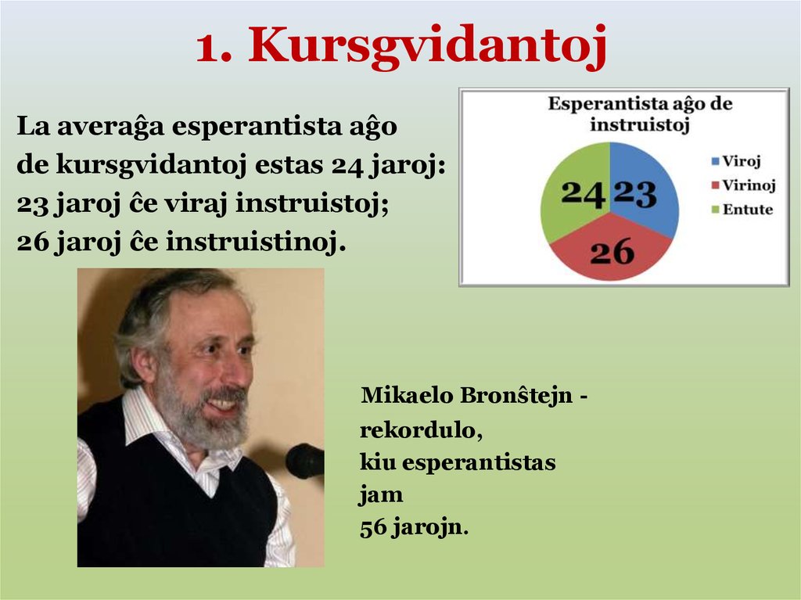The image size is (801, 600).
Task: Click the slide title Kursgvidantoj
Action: point(400,46)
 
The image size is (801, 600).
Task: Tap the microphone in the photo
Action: point(305,460)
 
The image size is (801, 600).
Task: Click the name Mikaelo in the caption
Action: point(406,396)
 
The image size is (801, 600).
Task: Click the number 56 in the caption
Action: point(373,528)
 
